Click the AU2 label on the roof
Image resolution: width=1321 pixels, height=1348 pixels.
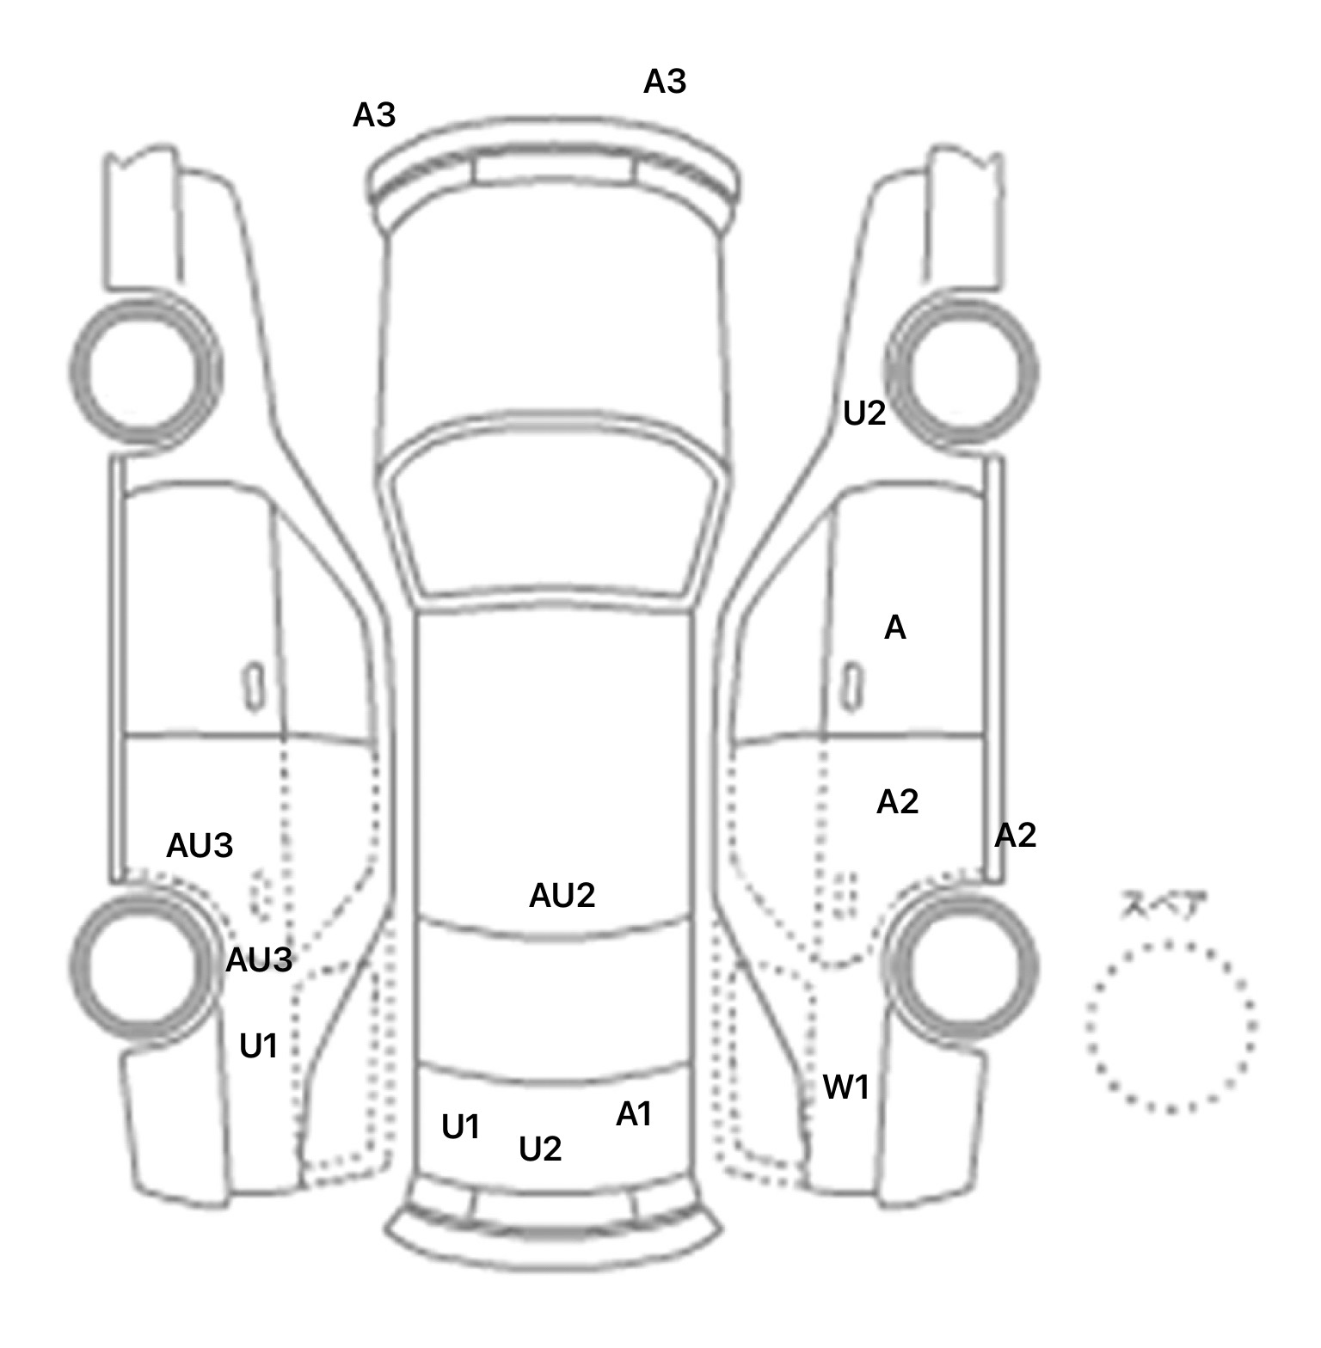click(562, 896)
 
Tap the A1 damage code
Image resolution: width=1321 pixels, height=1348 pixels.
click(634, 1114)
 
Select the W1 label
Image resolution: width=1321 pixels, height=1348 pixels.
click(846, 1088)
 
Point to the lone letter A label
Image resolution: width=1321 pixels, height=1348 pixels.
click(895, 628)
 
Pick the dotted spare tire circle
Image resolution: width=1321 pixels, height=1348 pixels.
click(1171, 1026)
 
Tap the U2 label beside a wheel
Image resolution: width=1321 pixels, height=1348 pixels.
click(864, 414)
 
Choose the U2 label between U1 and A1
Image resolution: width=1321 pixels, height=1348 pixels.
click(540, 1149)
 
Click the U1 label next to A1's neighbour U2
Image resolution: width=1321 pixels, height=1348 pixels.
click(460, 1127)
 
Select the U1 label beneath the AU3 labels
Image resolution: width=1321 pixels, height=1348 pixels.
click(258, 1046)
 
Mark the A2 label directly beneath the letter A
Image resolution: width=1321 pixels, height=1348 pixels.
click(897, 802)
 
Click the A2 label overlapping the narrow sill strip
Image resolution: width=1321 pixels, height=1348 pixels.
click(1015, 835)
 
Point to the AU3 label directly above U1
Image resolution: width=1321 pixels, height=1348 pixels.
click(259, 959)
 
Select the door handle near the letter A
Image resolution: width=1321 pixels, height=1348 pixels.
click(852, 686)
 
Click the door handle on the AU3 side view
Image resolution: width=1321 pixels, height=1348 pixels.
click(254, 686)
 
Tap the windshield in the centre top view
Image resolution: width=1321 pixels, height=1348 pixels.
click(555, 516)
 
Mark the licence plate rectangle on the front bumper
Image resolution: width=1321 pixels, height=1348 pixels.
click(554, 170)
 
